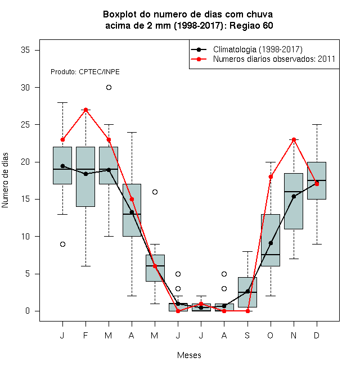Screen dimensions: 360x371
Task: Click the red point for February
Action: coord(85,110)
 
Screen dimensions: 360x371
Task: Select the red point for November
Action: coord(294,139)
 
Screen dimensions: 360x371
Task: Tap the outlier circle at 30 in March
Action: coord(109,88)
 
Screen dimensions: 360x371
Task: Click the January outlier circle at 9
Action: coord(62,244)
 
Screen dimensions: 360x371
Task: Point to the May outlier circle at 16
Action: coord(155,192)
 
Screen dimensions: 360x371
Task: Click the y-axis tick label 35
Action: coord(25,50)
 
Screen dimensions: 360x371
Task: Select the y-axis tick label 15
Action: coord(25,199)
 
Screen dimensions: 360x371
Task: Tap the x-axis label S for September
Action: coord(247,335)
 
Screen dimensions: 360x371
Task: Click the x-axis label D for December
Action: coord(317,335)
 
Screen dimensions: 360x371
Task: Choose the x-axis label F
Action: coord(85,335)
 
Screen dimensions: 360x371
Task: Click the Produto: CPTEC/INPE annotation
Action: coord(85,72)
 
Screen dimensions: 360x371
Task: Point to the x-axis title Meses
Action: coord(189,355)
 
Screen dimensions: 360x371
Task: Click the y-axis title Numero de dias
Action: coord(5,180)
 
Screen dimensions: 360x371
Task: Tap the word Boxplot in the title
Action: coord(120,15)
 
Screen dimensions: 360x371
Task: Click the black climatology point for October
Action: coord(271,243)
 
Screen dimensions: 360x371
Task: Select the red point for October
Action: coord(271,177)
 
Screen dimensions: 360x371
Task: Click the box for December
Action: coord(317,180)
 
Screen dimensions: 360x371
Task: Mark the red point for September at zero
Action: coord(247,311)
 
